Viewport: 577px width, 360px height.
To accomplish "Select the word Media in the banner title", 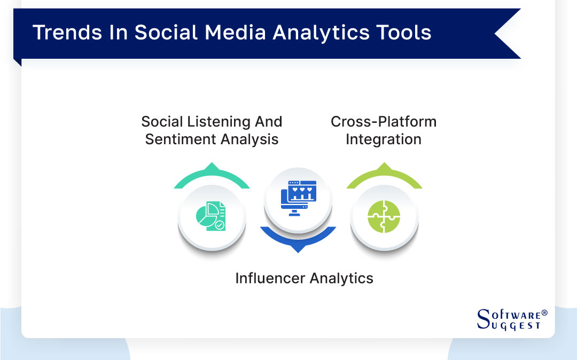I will pos(240,33).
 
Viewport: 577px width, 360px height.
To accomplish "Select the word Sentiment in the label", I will pos(179,139).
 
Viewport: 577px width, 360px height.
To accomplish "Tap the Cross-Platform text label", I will pos(383,122).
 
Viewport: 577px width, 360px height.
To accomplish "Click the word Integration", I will pos(383,139).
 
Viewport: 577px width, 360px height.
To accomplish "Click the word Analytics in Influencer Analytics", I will pos(341,278).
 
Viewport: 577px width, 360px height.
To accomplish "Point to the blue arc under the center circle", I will pos(298,240).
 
